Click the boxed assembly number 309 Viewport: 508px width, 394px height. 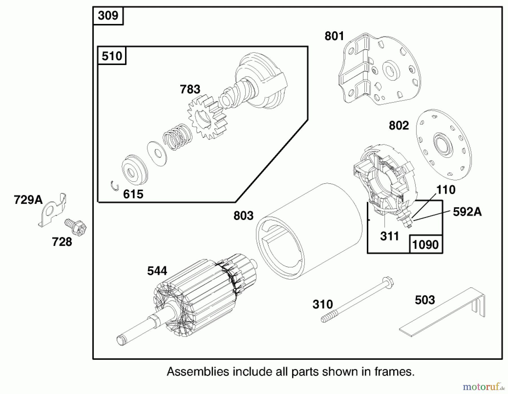[108, 16]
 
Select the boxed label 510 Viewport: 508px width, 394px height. [112, 56]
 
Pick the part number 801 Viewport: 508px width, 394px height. [334, 36]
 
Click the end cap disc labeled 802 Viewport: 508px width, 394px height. [444, 145]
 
